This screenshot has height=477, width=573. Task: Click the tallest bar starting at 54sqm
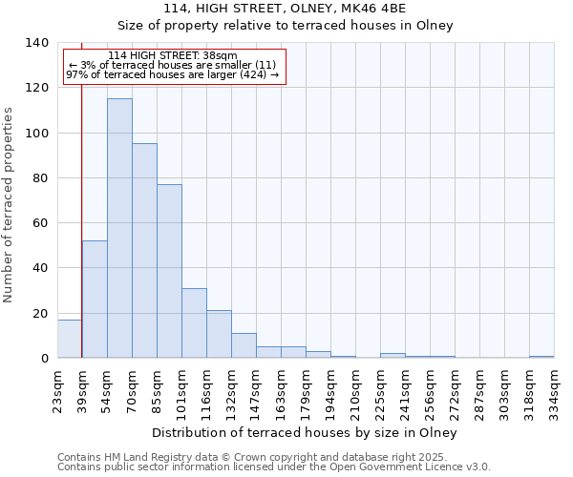(119, 229)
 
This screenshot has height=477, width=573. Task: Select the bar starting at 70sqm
(144, 251)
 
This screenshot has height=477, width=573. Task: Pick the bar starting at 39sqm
(95, 300)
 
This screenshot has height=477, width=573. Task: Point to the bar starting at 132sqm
(244, 345)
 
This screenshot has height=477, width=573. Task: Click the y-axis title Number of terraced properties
(9, 204)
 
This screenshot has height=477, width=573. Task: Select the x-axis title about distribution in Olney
(305, 432)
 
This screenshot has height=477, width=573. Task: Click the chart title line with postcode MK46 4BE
(286, 9)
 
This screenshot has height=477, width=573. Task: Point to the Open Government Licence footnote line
(273, 467)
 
